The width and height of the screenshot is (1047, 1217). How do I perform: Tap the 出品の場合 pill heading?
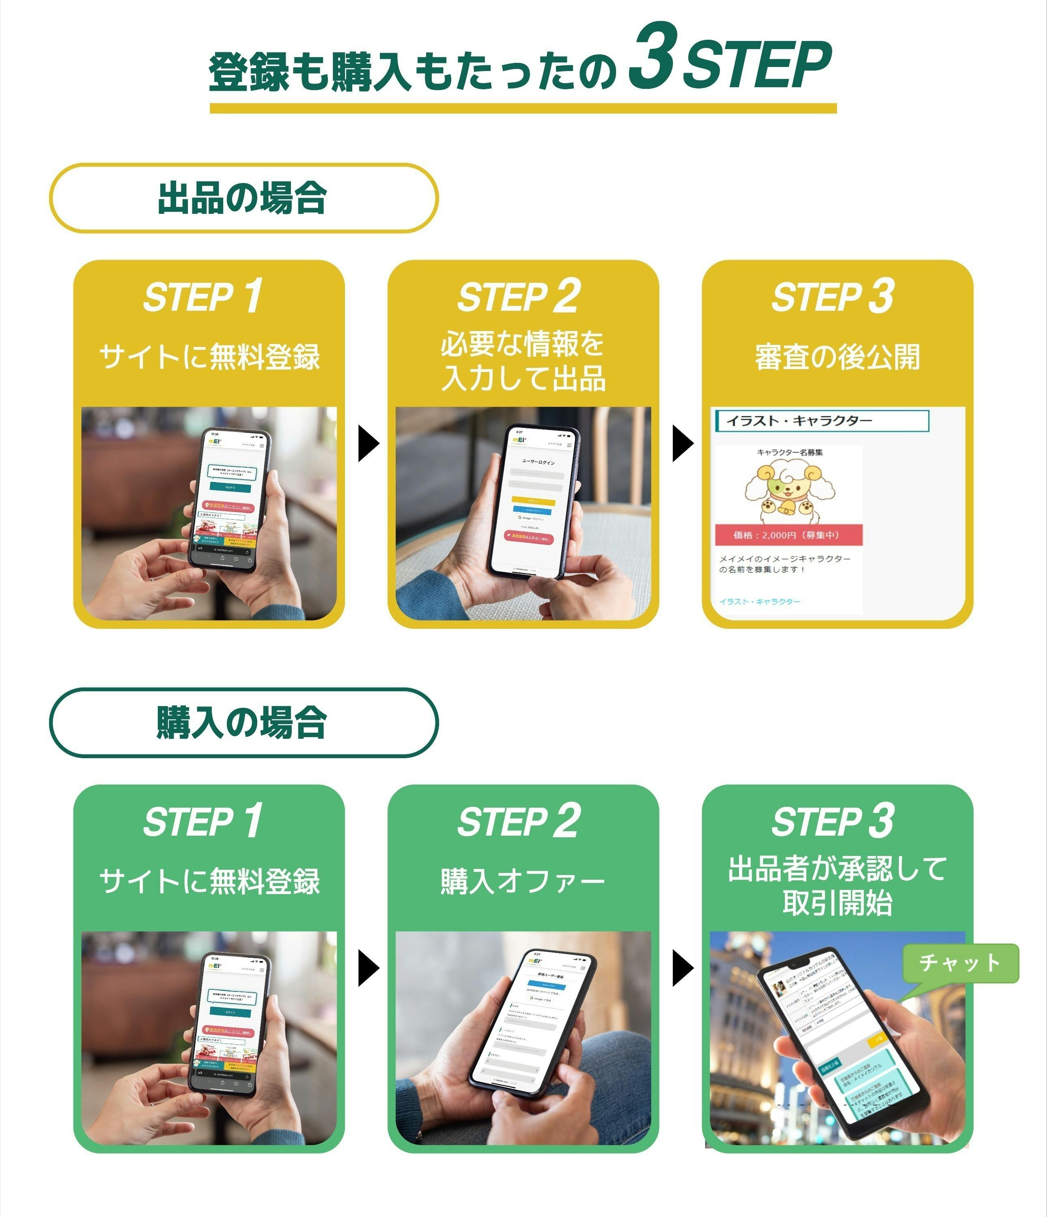pos(243,198)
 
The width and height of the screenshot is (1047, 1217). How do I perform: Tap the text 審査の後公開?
pos(837,357)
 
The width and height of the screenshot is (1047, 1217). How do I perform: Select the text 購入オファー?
pos(522,881)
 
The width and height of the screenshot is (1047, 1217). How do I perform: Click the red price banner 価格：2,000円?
pos(787,535)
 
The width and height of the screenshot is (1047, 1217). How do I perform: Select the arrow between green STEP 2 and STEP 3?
pos(682,968)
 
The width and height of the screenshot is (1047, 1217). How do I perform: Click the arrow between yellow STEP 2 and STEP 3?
pos(682,443)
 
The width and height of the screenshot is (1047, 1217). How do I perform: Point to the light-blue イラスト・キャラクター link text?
pos(759,602)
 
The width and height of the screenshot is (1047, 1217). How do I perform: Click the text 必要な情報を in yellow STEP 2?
pos(522,344)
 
